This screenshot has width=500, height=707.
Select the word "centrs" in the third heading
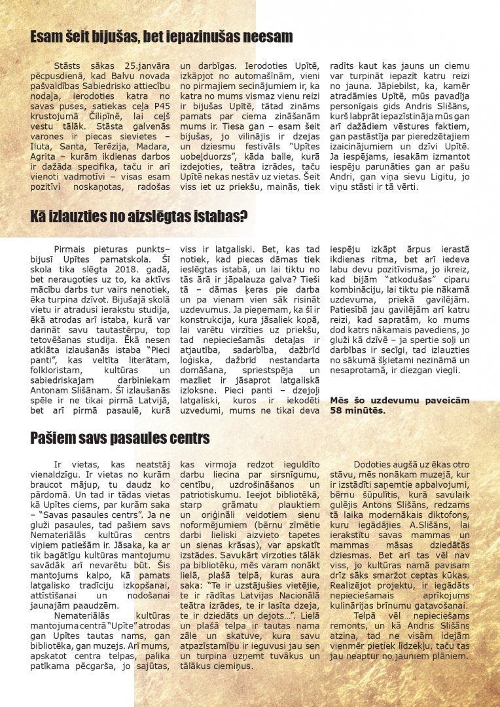click(x=185, y=437)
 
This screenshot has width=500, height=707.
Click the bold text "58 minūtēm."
click(x=357, y=412)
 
